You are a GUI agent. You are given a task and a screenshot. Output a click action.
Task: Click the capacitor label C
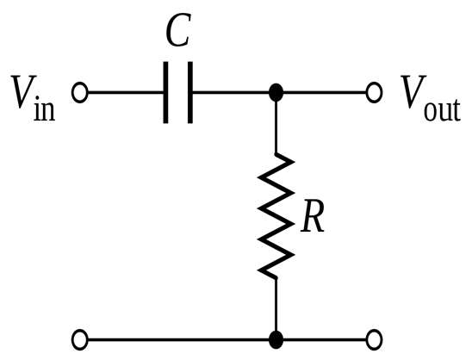178,30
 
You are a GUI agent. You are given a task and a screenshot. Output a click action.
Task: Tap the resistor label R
313,216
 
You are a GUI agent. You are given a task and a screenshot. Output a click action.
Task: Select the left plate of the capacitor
165,92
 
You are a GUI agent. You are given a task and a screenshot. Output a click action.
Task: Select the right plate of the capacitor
190,92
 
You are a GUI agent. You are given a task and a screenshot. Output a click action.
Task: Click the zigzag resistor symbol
276,215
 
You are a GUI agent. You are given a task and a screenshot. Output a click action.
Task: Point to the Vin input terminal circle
80,92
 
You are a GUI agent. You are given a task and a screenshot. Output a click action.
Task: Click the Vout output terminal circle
374,92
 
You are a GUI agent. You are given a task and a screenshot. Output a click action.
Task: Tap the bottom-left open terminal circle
80,340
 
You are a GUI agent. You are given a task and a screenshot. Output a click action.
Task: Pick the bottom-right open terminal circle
374,340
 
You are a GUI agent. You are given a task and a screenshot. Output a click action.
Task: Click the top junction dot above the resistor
276,92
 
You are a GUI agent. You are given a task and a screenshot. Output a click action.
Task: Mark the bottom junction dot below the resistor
276,340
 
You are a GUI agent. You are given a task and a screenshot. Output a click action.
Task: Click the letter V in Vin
23,91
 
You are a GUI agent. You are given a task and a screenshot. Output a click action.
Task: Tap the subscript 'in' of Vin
44,109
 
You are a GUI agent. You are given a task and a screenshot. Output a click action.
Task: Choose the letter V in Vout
413,91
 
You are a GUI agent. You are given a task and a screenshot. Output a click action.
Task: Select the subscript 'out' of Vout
442,110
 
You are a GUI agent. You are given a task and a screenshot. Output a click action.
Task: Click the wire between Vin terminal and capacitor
126,92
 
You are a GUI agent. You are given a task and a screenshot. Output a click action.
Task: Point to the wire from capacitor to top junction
231,92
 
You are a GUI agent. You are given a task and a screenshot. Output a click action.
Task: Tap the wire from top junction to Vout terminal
324,92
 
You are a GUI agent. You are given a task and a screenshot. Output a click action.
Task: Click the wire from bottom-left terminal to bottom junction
178,340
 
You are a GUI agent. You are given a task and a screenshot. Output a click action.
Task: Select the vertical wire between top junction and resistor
276,127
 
